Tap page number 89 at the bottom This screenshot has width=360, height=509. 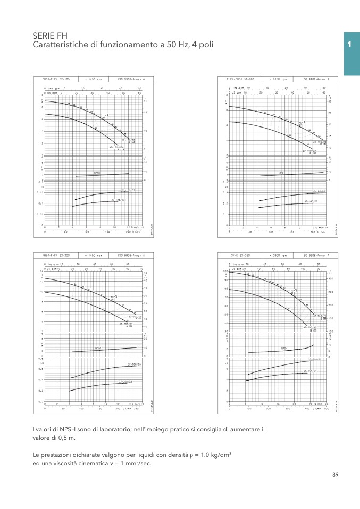tap(335, 474)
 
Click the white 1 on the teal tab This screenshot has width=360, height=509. tap(349, 45)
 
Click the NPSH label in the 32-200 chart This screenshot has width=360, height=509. tap(98, 348)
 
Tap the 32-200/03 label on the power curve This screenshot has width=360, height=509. tap(125, 381)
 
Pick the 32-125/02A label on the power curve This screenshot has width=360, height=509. tap(119, 200)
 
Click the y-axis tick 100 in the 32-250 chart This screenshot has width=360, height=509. tap(225, 272)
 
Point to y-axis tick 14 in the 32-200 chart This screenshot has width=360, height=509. tap(41, 272)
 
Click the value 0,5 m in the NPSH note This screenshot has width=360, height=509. tap(66, 438)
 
